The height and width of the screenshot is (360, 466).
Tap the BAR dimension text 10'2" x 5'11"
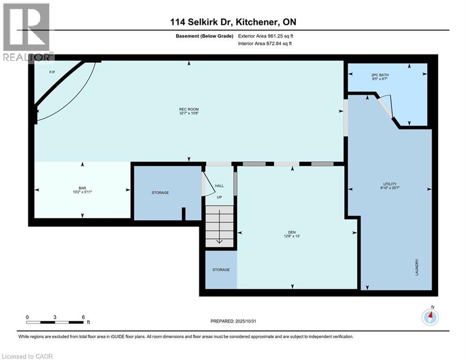82,192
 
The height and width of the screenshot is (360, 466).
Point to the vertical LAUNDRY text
416,267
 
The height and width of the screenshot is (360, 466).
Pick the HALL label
219,186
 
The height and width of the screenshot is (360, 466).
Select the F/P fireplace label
52,73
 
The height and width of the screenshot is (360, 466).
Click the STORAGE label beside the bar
160,193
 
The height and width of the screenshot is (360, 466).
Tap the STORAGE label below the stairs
221,270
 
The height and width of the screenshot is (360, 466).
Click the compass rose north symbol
430,317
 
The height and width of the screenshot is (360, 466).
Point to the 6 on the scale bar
83,317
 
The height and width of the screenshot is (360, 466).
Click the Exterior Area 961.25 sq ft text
266,36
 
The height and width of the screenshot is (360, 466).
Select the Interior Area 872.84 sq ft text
266,44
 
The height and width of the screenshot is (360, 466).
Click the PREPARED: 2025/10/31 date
234,321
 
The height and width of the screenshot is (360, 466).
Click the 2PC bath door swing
387,107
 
